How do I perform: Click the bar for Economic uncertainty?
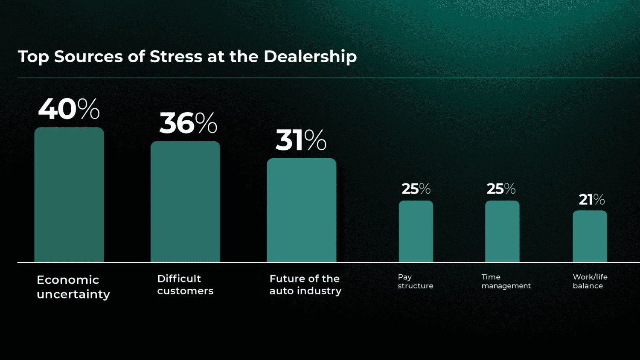coord(69,195)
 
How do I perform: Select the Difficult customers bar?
coord(185,201)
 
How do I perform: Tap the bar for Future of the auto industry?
coord(302,210)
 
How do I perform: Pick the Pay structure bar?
coord(416,231)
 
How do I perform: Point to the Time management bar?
coord(502,231)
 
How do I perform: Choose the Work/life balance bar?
coord(590,236)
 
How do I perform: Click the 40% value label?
coord(69,109)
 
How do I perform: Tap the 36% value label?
coord(188,123)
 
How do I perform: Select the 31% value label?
coord(301,140)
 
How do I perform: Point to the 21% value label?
coord(592,199)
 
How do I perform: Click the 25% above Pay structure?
coord(416,189)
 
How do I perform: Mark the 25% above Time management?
coord(501,189)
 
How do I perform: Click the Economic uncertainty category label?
coord(73,287)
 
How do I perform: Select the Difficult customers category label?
coord(185,285)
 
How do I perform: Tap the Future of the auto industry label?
coord(305,285)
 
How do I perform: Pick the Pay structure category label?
coord(415,281)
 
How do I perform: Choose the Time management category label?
coord(506,281)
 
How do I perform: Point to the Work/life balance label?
coord(590,281)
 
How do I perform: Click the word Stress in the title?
coord(176,56)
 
